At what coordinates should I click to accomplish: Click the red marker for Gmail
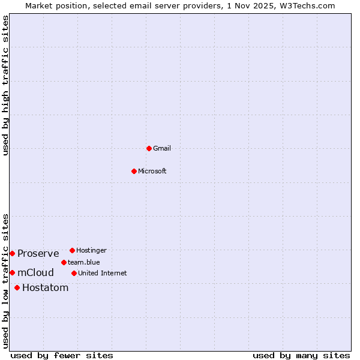[149, 148]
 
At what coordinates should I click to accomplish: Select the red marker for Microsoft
[134, 171]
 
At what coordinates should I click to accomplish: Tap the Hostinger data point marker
[72, 250]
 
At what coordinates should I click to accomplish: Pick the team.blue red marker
[64, 262]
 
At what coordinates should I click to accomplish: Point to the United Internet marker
[74, 273]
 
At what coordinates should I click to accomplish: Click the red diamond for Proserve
[12, 253]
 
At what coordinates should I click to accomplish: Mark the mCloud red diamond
[12, 272]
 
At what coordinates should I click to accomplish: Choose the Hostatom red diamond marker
[17, 287]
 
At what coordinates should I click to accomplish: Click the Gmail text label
[162, 148]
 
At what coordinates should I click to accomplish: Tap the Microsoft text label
[152, 171]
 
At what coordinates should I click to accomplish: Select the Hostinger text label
[91, 250]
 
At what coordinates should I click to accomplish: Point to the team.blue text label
[84, 262]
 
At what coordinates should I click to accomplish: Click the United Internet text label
[103, 273]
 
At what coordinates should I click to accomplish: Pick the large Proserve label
[38, 253]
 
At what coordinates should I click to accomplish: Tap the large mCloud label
[36, 272]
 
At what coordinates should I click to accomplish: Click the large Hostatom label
[46, 287]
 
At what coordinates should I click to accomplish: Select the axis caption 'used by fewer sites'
[62, 355]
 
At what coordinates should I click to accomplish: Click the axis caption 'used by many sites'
[301, 355]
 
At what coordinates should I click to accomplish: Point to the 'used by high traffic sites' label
[5, 86]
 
